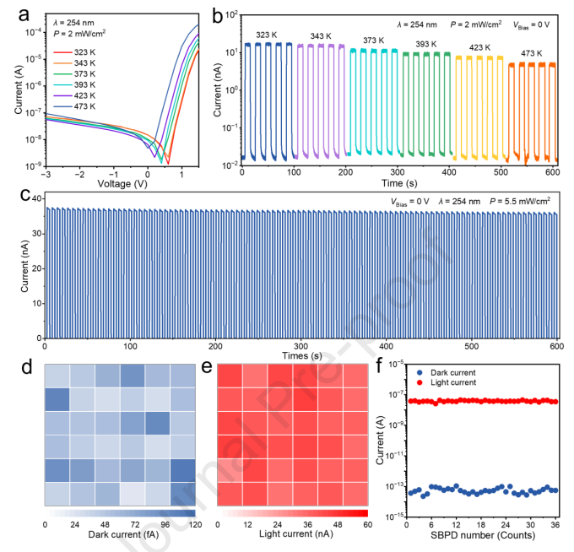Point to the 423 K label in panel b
tap(468, 49)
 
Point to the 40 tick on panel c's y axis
tap(34, 198)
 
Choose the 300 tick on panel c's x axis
tap(300, 344)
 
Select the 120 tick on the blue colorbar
tap(195, 524)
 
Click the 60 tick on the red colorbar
tap(367, 524)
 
